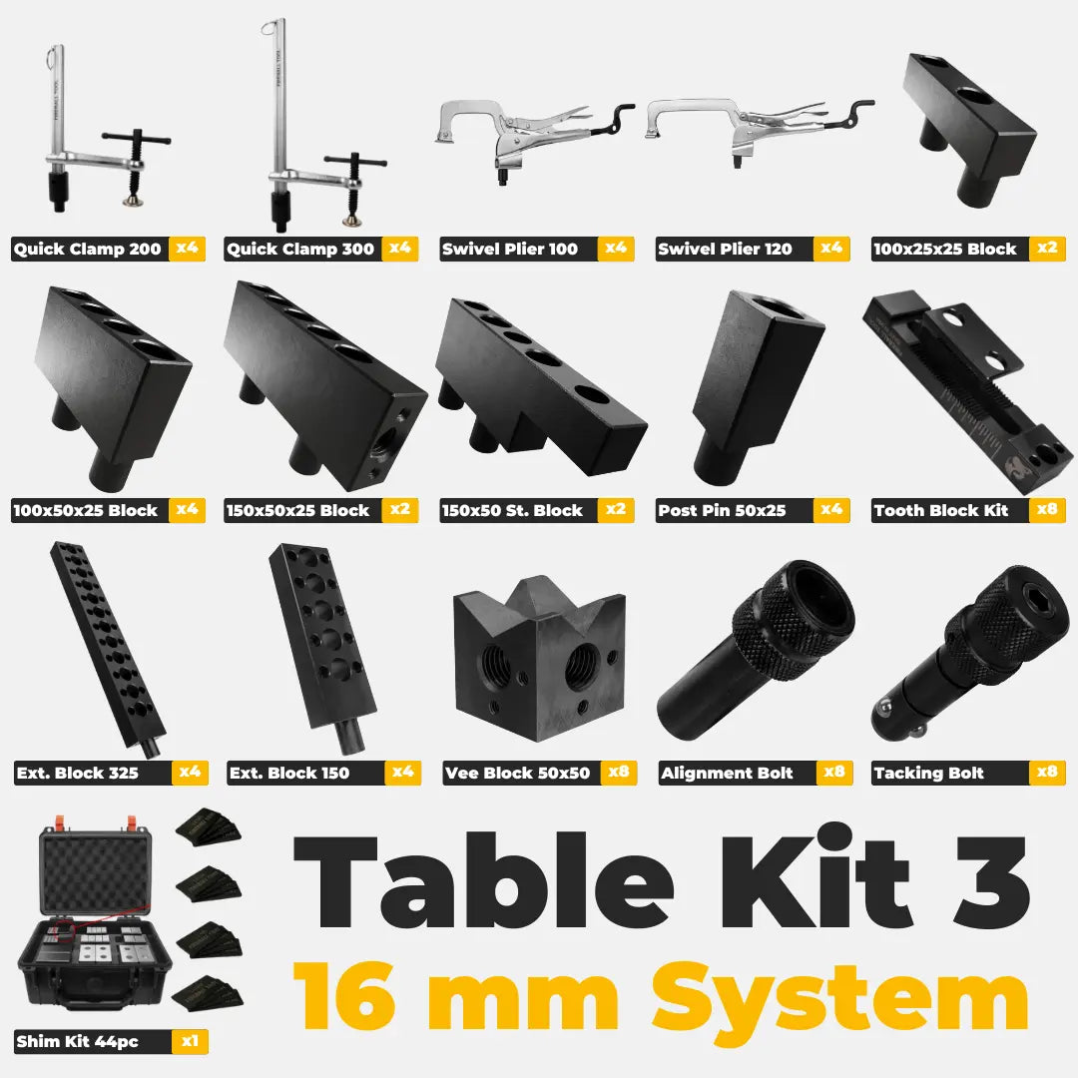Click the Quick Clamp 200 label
[87, 249]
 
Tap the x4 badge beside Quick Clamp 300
[399, 249]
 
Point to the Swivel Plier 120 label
[725, 249]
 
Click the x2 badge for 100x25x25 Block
[1047, 249]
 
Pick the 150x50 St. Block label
[512, 510]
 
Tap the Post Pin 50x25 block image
[757, 388]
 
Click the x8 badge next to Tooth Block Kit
[1047, 509]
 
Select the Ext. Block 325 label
[78, 773]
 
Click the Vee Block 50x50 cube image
[540, 658]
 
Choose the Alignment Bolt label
[727, 773]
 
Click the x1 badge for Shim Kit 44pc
[190, 1041]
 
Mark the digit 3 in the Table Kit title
[993, 881]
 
